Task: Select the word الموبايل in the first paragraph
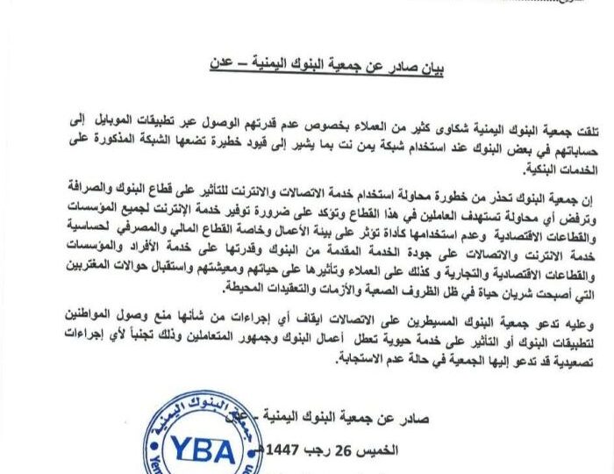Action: tap(112, 129)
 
